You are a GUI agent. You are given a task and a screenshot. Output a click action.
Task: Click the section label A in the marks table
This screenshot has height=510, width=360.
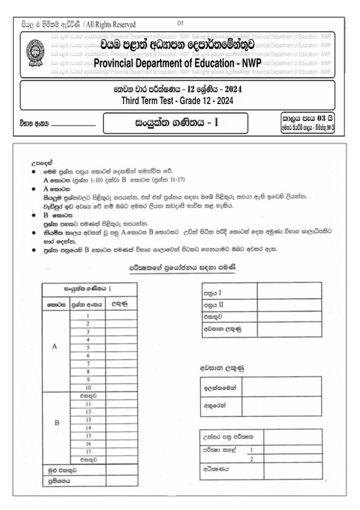54,347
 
